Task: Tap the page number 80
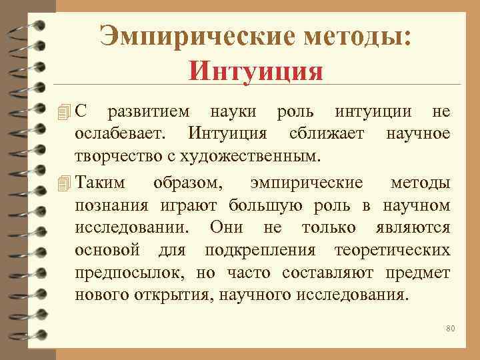(450, 329)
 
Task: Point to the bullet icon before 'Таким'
(63, 182)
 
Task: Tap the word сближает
(327, 134)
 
